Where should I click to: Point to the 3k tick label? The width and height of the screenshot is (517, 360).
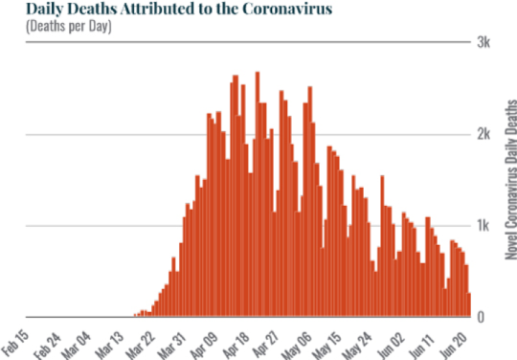(x=485, y=42)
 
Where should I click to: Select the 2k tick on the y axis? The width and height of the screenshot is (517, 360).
(x=485, y=134)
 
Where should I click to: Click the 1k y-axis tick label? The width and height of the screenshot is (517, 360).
(x=485, y=226)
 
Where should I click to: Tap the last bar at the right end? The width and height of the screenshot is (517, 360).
(x=469, y=305)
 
